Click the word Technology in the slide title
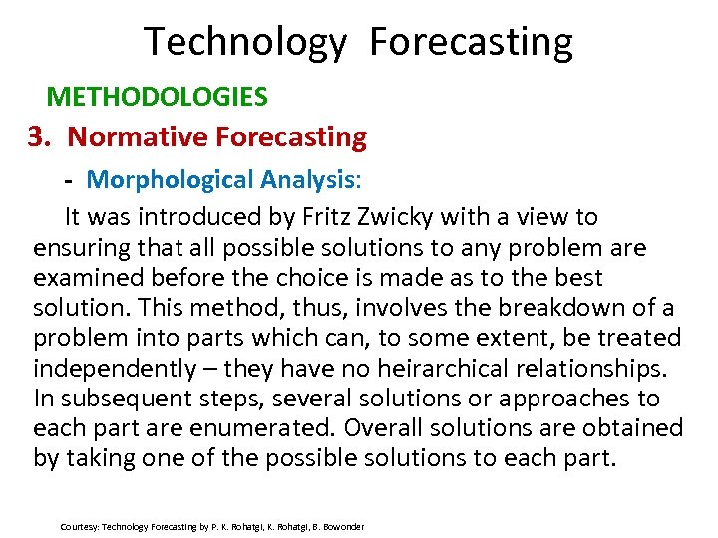point(245,42)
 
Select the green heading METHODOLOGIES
point(158,97)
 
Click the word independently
point(115,369)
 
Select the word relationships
point(593,369)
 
